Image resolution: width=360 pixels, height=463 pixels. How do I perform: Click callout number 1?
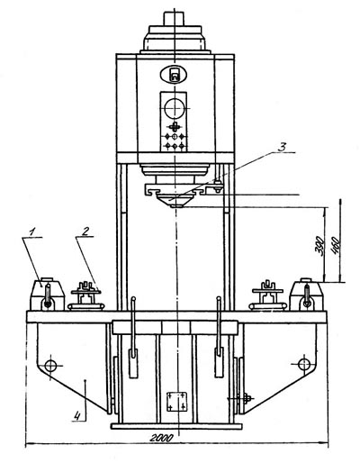pyautogui.click(x=32, y=231)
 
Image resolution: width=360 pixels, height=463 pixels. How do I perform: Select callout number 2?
pyautogui.click(x=85, y=231)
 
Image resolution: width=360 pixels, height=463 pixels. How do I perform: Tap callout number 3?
pyautogui.click(x=282, y=148)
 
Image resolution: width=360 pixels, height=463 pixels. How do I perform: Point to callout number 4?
pyautogui.click(x=77, y=416)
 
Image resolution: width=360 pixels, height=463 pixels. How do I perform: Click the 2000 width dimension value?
pyautogui.click(x=161, y=438)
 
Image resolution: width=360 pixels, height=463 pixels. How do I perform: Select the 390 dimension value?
pyautogui.click(x=321, y=246)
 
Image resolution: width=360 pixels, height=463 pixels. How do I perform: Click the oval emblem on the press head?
pyautogui.click(x=174, y=74)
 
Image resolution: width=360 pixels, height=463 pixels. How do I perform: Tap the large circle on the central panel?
pyautogui.click(x=175, y=108)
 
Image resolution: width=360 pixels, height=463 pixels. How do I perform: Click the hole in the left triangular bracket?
pyautogui.click(x=50, y=366)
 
